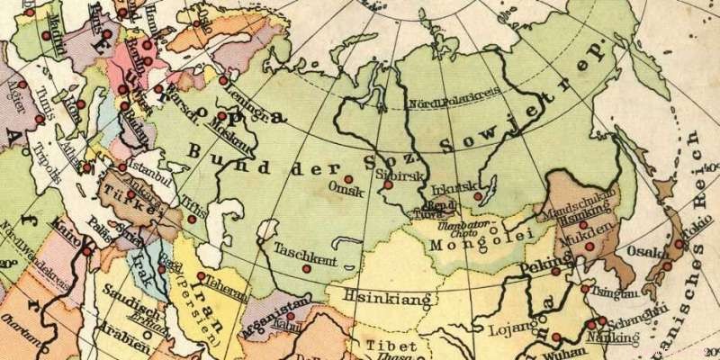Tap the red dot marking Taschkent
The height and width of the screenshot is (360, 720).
pyautogui.click(x=307, y=268)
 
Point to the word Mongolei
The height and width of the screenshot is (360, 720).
pyautogui.click(x=467, y=244)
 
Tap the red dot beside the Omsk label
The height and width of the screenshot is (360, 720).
pyautogui.click(x=347, y=178)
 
